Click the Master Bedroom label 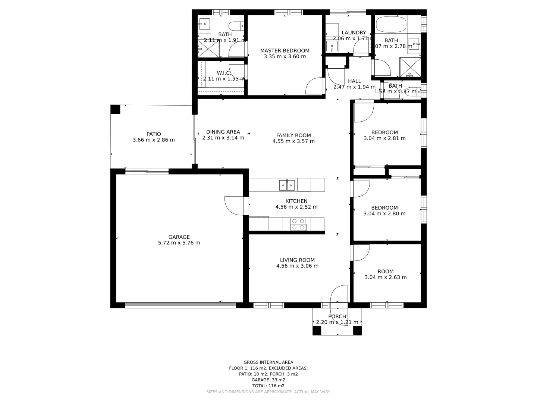point(285,51)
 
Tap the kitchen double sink point(287,185)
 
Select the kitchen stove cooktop point(298,224)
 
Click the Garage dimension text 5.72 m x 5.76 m point(179,243)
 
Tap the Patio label point(154,134)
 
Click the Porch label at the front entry point(337,316)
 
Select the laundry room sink point(332,47)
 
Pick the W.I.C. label point(223,73)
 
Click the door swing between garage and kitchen point(234,206)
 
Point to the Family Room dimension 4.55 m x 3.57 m point(293,141)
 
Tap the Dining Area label point(223,132)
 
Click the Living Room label point(297,260)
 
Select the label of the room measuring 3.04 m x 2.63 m point(385,272)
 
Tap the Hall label point(354,81)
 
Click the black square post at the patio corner point(115,109)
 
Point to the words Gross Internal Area point(268,362)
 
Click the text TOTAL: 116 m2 point(268,386)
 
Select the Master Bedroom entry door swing point(314,87)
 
